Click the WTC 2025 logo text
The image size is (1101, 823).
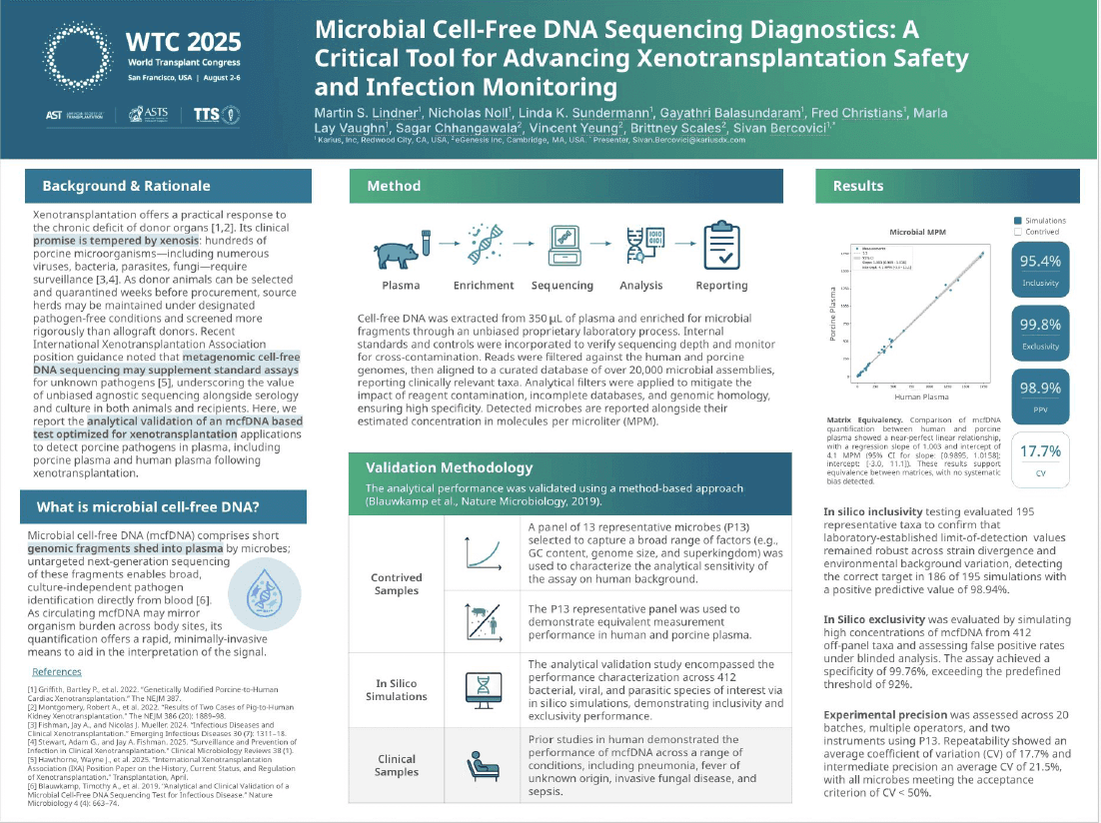pos(184,42)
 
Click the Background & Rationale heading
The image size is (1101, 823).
pos(126,186)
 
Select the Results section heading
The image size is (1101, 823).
pos(858,186)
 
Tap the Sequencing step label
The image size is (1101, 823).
pos(561,286)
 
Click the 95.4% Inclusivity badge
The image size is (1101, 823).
pos(1040,269)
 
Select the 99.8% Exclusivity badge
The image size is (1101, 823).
pos(1040,333)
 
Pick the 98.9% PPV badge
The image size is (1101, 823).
pos(1040,395)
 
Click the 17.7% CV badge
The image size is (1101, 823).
pos(1040,457)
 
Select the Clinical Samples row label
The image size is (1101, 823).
pos(397,765)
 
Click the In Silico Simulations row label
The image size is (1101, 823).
pos(397,689)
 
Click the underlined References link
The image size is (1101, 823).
pos(57,672)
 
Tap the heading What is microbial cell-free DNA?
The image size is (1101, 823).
pos(141,507)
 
